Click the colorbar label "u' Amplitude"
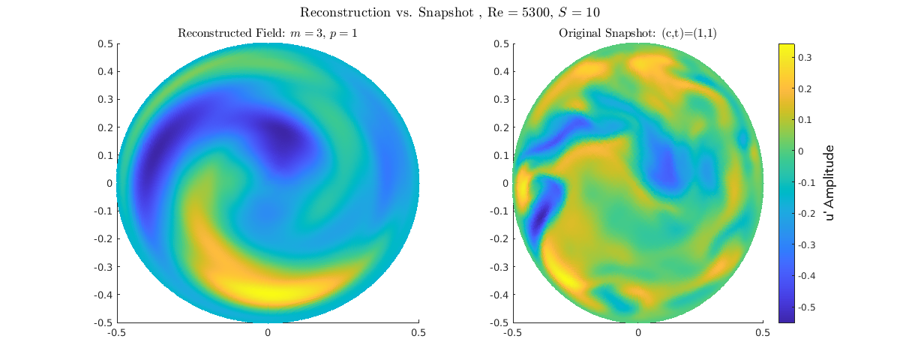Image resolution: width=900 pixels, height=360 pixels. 830,183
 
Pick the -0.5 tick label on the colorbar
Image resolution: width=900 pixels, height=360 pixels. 807,307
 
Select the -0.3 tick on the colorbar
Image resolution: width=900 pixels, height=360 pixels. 807,245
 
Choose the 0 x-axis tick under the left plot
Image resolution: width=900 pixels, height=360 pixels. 268,332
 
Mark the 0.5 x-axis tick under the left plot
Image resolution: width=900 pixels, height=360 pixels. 418,332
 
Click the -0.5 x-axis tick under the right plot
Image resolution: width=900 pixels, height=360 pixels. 513,332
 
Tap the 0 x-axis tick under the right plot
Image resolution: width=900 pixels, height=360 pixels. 638,332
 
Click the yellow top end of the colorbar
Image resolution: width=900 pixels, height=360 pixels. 786,48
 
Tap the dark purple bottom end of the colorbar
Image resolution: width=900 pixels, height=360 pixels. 786,318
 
